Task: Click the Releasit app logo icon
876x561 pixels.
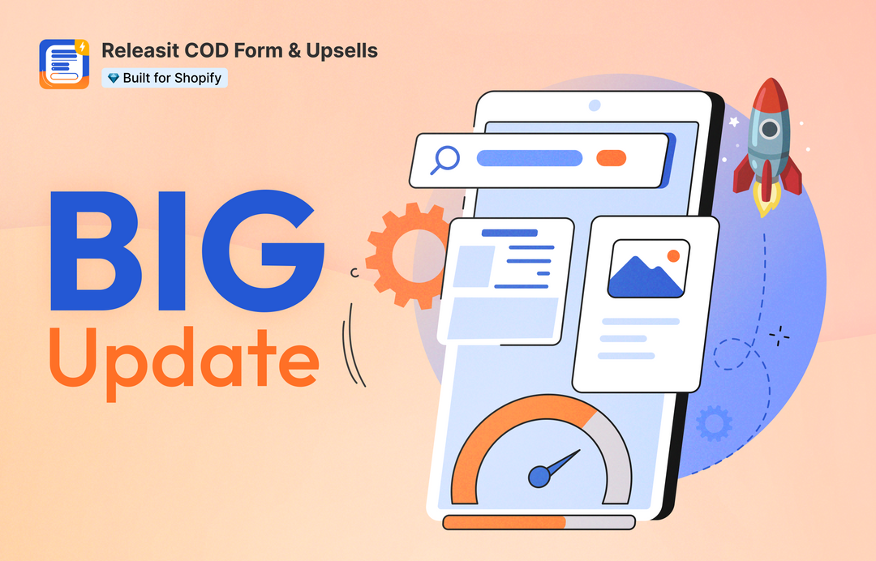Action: coord(64,64)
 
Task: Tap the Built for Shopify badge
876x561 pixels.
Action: coord(164,79)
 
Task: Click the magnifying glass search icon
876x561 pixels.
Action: coord(445,159)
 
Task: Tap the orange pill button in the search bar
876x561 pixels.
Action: coord(611,158)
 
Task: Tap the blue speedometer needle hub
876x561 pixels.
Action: coord(539,477)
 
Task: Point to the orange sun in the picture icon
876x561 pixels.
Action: coord(672,256)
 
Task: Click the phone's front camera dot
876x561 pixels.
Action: coord(595,105)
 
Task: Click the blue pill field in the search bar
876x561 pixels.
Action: coord(529,158)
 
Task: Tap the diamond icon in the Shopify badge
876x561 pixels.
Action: coord(113,79)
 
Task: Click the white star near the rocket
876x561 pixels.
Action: coord(734,122)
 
